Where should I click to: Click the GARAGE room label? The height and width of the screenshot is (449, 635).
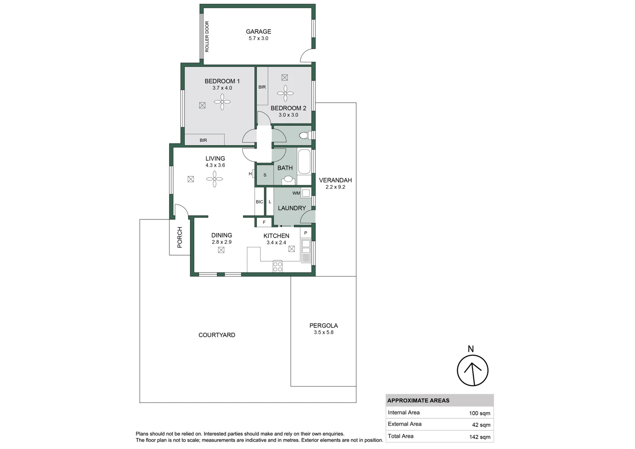tap(258, 32)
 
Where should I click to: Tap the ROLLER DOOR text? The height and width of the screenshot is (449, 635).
tap(207, 37)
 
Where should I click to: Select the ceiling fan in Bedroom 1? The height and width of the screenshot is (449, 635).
tap(222, 102)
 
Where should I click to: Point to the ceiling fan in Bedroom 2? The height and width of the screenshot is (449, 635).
tap(285, 93)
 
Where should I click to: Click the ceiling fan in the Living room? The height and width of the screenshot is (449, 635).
tap(214, 179)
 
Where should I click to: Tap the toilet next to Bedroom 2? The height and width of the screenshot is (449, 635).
tap(305, 136)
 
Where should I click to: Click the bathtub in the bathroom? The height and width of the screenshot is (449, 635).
tap(304, 161)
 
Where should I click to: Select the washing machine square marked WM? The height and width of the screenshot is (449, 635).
tap(306, 193)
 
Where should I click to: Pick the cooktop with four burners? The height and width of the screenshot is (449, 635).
tap(278, 266)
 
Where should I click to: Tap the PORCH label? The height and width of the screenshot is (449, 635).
tap(180, 237)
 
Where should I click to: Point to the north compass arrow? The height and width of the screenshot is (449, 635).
tap(473, 370)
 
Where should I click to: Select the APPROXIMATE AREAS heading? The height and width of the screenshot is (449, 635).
tap(418, 401)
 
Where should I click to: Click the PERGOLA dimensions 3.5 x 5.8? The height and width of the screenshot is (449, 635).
tap(323, 333)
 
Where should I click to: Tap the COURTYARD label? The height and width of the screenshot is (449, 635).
tap(217, 335)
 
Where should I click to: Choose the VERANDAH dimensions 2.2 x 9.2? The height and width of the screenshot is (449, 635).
tap(335, 187)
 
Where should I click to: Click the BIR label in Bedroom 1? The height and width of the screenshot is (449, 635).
tap(203, 141)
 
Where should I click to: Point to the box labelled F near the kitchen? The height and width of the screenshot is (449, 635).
tap(264, 222)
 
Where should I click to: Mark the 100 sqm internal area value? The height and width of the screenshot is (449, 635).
tap(480, 413)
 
